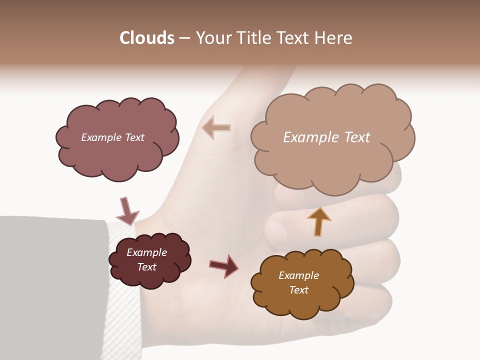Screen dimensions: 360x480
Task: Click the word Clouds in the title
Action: point(146,38)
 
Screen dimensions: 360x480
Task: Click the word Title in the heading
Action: point(253,38)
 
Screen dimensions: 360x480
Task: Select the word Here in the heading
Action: point(334,38)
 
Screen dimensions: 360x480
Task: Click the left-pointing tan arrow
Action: point(216,128)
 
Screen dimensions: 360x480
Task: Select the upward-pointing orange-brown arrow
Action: point(319,221)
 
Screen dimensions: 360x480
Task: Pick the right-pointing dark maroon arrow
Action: point(224,265)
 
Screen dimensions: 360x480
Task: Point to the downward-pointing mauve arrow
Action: point(127,210)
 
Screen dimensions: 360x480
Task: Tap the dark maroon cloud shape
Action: point(150,275)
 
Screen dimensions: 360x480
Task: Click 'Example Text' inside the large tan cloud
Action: point(326,137)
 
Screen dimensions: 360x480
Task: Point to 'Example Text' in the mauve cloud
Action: point(112,137)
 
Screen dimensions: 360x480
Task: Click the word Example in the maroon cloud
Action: point(146,252)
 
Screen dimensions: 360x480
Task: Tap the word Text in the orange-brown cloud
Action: point(298,290)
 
